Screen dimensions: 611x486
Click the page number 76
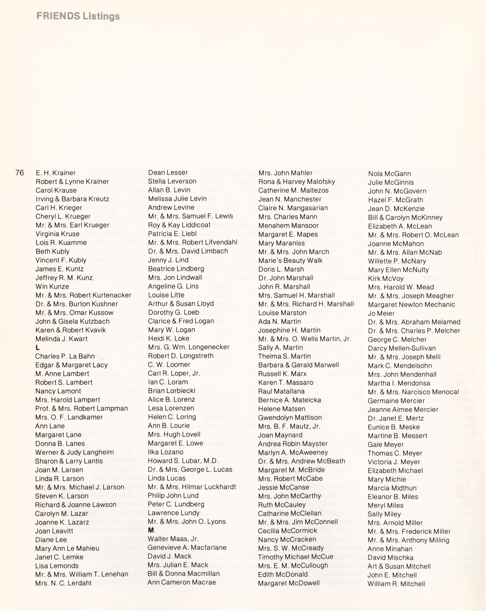tap(20, 173)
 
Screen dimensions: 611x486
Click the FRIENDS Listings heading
tap(78, 16)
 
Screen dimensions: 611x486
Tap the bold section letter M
tap(151, 530)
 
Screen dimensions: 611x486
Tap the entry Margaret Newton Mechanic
tap(411, 305)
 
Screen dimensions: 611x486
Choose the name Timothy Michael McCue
tap(296, 557)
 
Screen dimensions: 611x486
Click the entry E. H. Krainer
tap(56, 173)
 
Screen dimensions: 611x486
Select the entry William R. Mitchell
tap(396, 584)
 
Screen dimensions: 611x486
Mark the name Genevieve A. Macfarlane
tap(187, 548)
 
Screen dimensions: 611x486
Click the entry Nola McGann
tap(390, 174)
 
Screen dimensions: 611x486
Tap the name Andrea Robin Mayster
tap(293, 444)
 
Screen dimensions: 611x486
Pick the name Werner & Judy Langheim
tap(74, 452)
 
